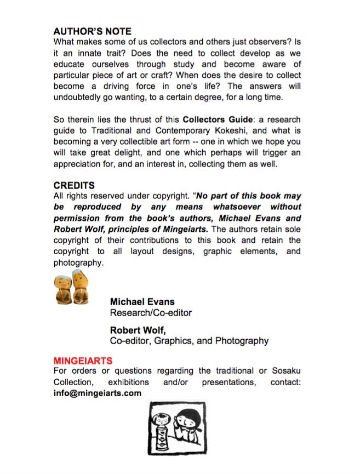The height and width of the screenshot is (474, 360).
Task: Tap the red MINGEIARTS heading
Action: click(83, 361)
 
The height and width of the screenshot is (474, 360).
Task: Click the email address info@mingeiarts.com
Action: click(97, 393)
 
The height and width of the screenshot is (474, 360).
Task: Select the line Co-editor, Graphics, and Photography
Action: click(189, 341)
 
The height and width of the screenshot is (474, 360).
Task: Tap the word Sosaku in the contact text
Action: click(285, 371)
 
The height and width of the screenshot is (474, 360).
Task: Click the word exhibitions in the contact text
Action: click(128, 382)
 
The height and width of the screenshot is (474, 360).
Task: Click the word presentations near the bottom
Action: click(228, 382)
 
